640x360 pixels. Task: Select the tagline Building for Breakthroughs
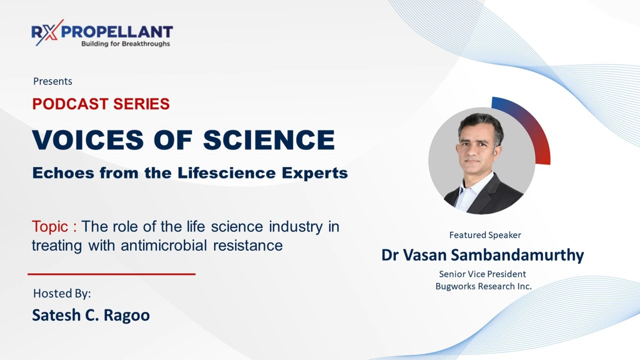tap(125, 44)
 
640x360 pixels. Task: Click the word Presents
tap(52, 81)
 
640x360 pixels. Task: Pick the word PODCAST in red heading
tap(70, 104)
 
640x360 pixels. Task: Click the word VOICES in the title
tap(88, 140)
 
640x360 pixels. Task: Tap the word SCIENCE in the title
tap(269, 140)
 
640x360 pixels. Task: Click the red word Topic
tap(49, 226)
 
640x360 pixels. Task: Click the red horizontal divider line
tap(111, 274)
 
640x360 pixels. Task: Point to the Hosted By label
tap(62, 293)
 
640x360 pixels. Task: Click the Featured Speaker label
tap(485, 235)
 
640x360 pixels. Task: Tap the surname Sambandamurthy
tap(518, 255)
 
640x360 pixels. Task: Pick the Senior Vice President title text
tap(482, 274)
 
